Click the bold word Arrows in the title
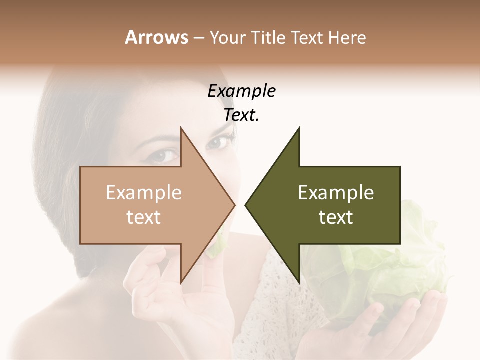click(x=156, y=37)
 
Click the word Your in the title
click(x=227, y=38)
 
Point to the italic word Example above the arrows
click(x=241, y=91)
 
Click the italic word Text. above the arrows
click(x=241, y=115)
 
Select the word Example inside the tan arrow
click(x=143, y=193)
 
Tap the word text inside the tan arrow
click(x=143, y=217)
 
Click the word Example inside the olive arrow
click(x=336, y=193)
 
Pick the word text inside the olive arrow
click(x=336, y=217)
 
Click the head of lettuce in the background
click(x=400, y=260)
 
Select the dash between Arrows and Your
click(x=198, y=38)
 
